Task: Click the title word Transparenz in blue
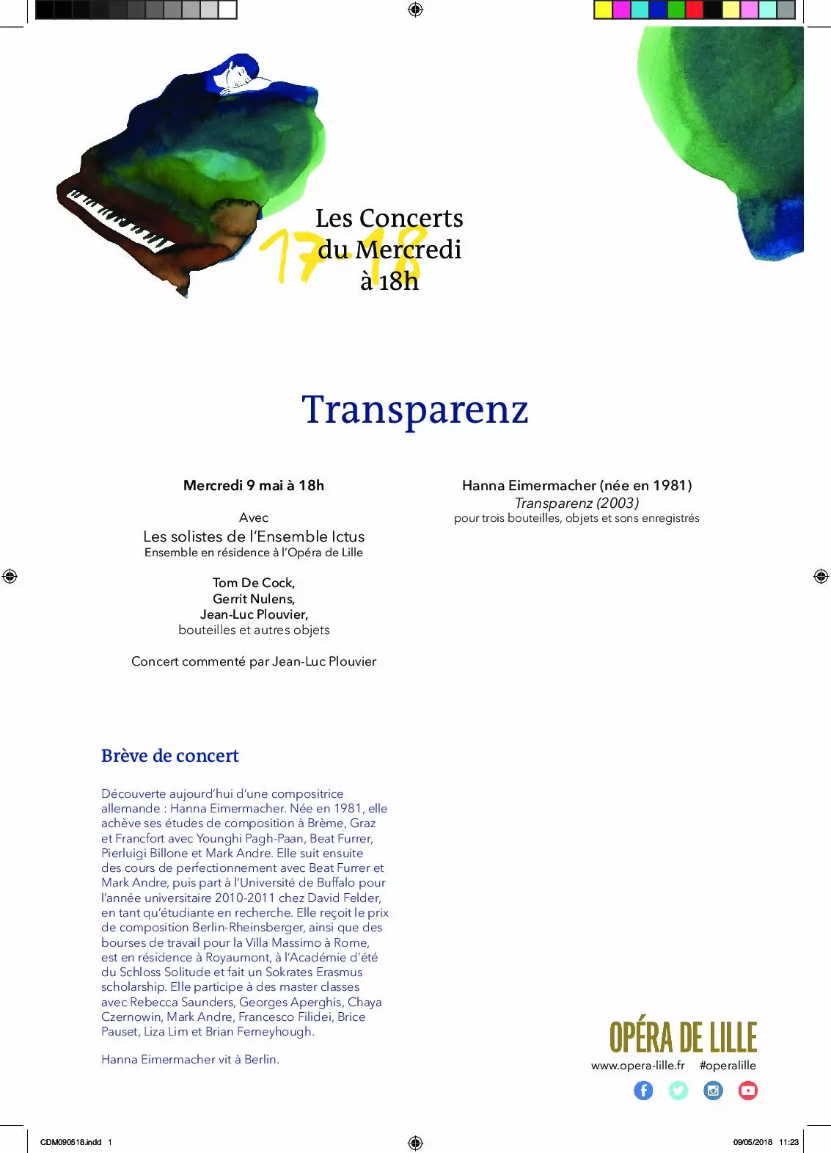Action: click(x=415, y=410)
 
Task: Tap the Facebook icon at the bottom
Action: click(x=643, y=1091)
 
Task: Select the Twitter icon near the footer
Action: click(x=678, y=1091)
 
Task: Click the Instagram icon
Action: click(x=713, y=1091)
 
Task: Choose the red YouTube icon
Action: click(x=748, y=1091)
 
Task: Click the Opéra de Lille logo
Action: click(x=683, y=1037)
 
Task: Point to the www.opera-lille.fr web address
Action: click(x=637, y=1066)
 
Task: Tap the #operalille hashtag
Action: click(x=728, y=1066)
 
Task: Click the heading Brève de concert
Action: click(x=170, y=756)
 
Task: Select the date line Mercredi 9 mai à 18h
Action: click(x=254, y=485)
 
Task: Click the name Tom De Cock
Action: click(x=254, y=583)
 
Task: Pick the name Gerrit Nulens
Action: click(x=254, y=599)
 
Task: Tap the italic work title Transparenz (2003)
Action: click(x=576, y=503)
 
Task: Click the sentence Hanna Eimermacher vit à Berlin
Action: click(x=190, y=1059)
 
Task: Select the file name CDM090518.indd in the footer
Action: click(x=70, y=1142)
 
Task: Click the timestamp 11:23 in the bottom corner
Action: click(x=788, y=1142)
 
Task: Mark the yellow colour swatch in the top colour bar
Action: click(x=603, y=10)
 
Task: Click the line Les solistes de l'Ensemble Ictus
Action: click(x=254, y=537)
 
